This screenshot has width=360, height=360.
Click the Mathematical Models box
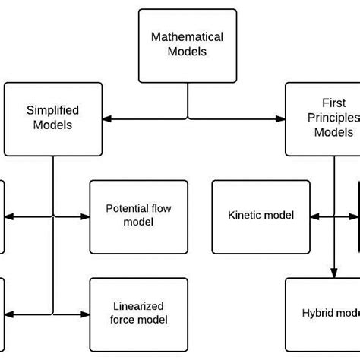pyautogui.click(x=188, y=44)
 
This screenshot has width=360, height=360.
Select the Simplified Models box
pyautogui.click(x=52, y=118)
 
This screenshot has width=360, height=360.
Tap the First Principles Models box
pyautogui.click(x=322, y=118)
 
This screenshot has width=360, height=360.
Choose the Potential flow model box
pyautogui.click(x=129, y=216)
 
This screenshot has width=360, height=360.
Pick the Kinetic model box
pyautogui.click(x=261, y=216)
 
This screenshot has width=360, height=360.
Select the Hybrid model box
pyautogui.click(x=322, y=314)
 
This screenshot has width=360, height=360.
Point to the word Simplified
pyautogui.click(x=52, y=111)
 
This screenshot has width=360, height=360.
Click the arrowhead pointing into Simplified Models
pyautogui.click(x=107, y=118)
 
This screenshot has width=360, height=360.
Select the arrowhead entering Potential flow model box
pyautogui.click(x=85, y=216)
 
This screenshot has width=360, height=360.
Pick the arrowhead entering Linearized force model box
pyautogui.click(x=85, y=314)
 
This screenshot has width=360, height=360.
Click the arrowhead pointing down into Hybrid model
pyautogui.click(x=334, y=273)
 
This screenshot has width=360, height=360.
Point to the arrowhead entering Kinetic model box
pyautogui.click(x=317, y=216)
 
